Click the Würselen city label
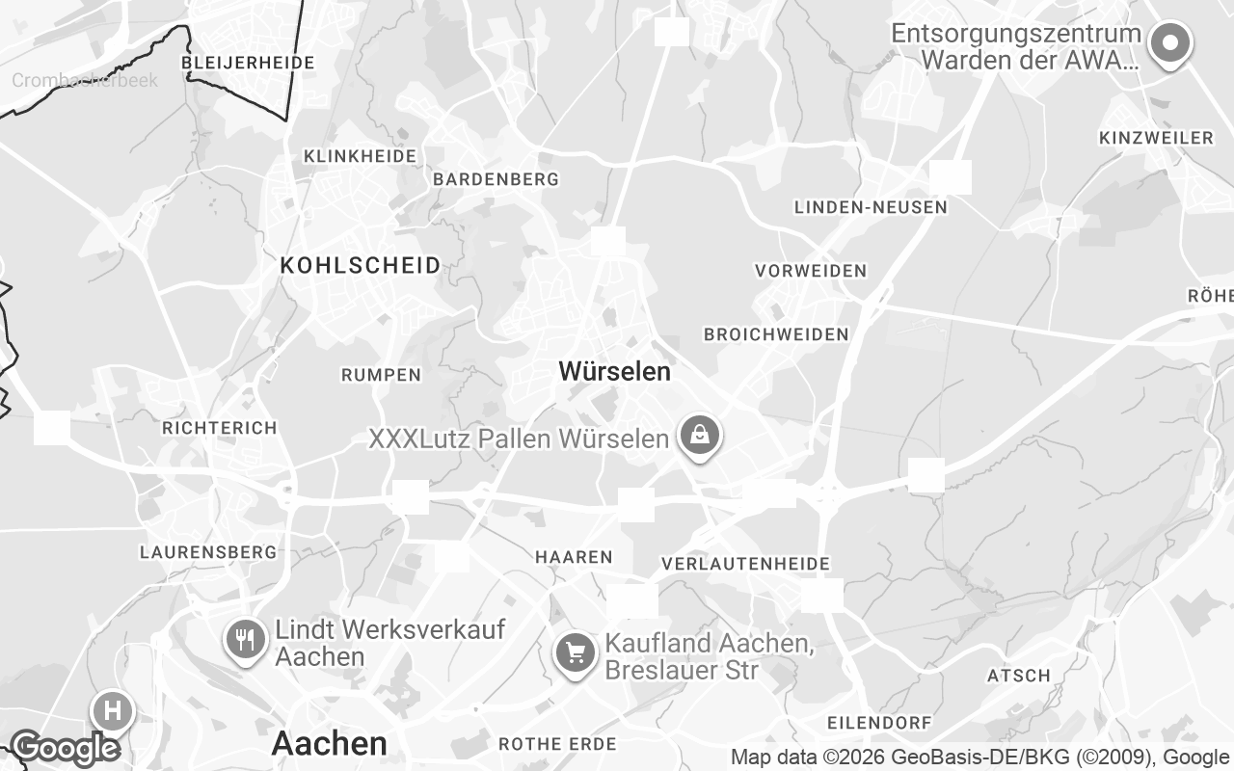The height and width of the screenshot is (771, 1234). tap(614, 371)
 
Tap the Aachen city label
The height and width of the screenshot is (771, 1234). tap(329, 743)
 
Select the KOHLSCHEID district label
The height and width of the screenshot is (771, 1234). tap(361, 265)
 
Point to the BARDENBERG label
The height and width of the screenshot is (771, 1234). tap(496, 179)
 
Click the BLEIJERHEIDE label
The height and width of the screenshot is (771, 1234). tap(248, 63)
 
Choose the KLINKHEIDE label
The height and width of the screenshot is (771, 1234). tap(360, 156)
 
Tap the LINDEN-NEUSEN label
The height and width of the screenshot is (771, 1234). tap(871, 207)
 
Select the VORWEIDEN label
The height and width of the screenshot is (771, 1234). tap(811, 271)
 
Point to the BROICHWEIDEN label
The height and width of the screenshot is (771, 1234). tap(776, 334)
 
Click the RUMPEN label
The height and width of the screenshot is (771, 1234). tap(381, 375)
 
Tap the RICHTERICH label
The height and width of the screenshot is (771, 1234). tap(219, 428)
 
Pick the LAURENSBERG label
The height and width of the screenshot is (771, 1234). tap(207, 552)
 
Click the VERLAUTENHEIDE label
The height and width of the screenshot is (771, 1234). tap(745, 564)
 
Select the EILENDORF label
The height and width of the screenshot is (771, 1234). tap(879, 723)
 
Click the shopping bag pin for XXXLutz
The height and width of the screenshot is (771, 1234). tap(700, 437)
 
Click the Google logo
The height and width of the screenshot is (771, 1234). tap(65, 748)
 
